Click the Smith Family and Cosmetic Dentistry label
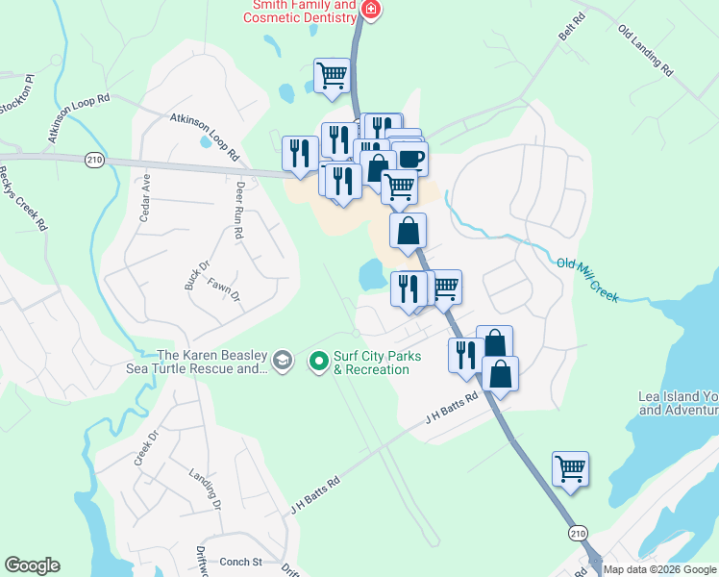point(305,11)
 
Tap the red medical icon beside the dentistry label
point(370,11)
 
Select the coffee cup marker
point(410,159)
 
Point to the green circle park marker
point(319,363)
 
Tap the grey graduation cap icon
point(282,362)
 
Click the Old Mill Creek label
point(587,278)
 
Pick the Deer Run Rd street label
point(241,202)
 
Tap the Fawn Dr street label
point(230,288)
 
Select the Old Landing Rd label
point(645,50)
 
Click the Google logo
point(32,565)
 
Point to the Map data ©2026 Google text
point(659,569)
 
